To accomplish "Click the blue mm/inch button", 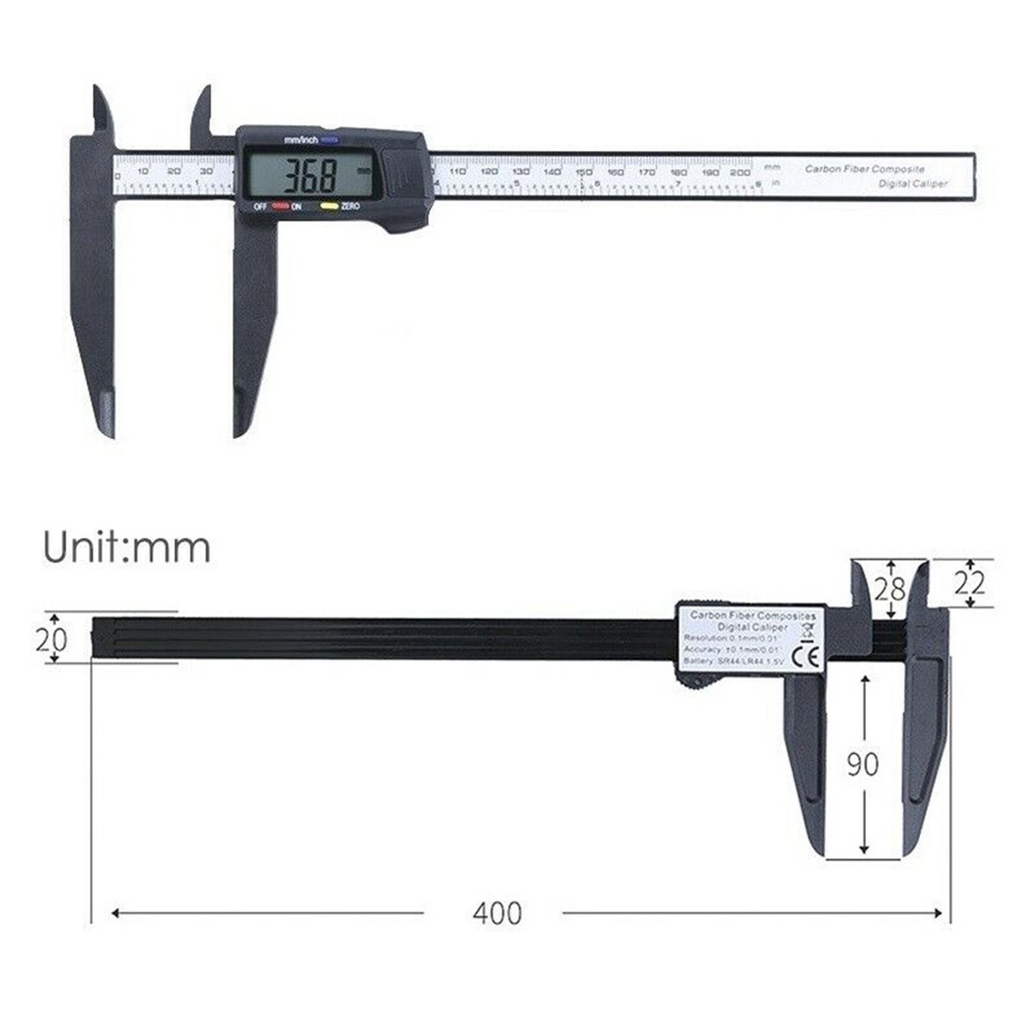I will [x=331, y=140].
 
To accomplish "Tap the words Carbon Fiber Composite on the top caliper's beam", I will [x=864, y=169].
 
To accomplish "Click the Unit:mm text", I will [x=127, y=547].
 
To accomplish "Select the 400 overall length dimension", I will [x=497, y=913].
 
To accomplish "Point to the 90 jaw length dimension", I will [x=862, y=764].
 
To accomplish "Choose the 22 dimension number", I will [x=969, y=584].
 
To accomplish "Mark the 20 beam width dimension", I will [x=51, y=639].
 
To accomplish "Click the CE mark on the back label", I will [x=811, y=654].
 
